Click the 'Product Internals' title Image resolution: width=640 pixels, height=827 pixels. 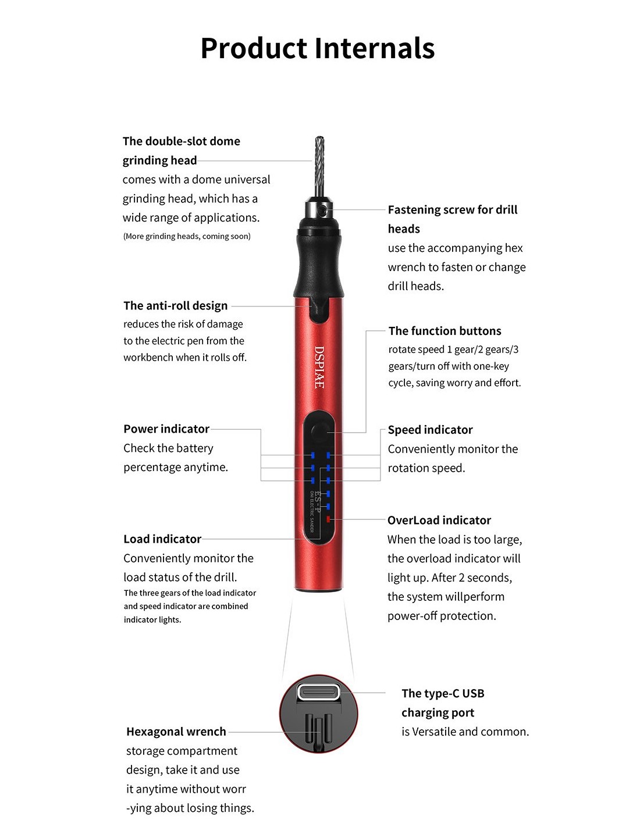[x=318, y=48]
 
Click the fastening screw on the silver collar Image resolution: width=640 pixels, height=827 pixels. [x=323, y=209]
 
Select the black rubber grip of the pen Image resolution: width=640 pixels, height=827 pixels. [x=319, y=263]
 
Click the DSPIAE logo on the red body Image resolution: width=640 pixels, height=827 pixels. [x=319, y=367]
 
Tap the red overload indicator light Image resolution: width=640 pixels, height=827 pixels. [x=328, y=519]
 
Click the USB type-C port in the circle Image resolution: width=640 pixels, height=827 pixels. [x=318, y=692]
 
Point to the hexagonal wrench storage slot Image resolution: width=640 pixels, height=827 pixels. [x=318, y=733]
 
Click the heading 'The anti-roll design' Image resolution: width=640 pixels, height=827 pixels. [x=176, y=305]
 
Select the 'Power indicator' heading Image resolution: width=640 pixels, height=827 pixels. [x=166, y=429]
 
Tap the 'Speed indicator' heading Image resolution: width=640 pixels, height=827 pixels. [x=430, y=430]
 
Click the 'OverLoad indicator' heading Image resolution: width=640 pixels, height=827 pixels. [x=439, y=521]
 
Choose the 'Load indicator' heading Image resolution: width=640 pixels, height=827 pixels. [x=162, y=539]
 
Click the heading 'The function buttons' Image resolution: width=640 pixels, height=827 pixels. [x=445, y=331]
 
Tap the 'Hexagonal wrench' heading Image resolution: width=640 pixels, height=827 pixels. [x=176, y=732]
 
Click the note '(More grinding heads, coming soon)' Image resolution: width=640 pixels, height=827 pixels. [x=187, y=236]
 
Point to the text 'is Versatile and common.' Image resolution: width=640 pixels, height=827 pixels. [x=465, y=732]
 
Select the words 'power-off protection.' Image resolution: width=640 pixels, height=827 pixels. [x=442, y=615]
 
